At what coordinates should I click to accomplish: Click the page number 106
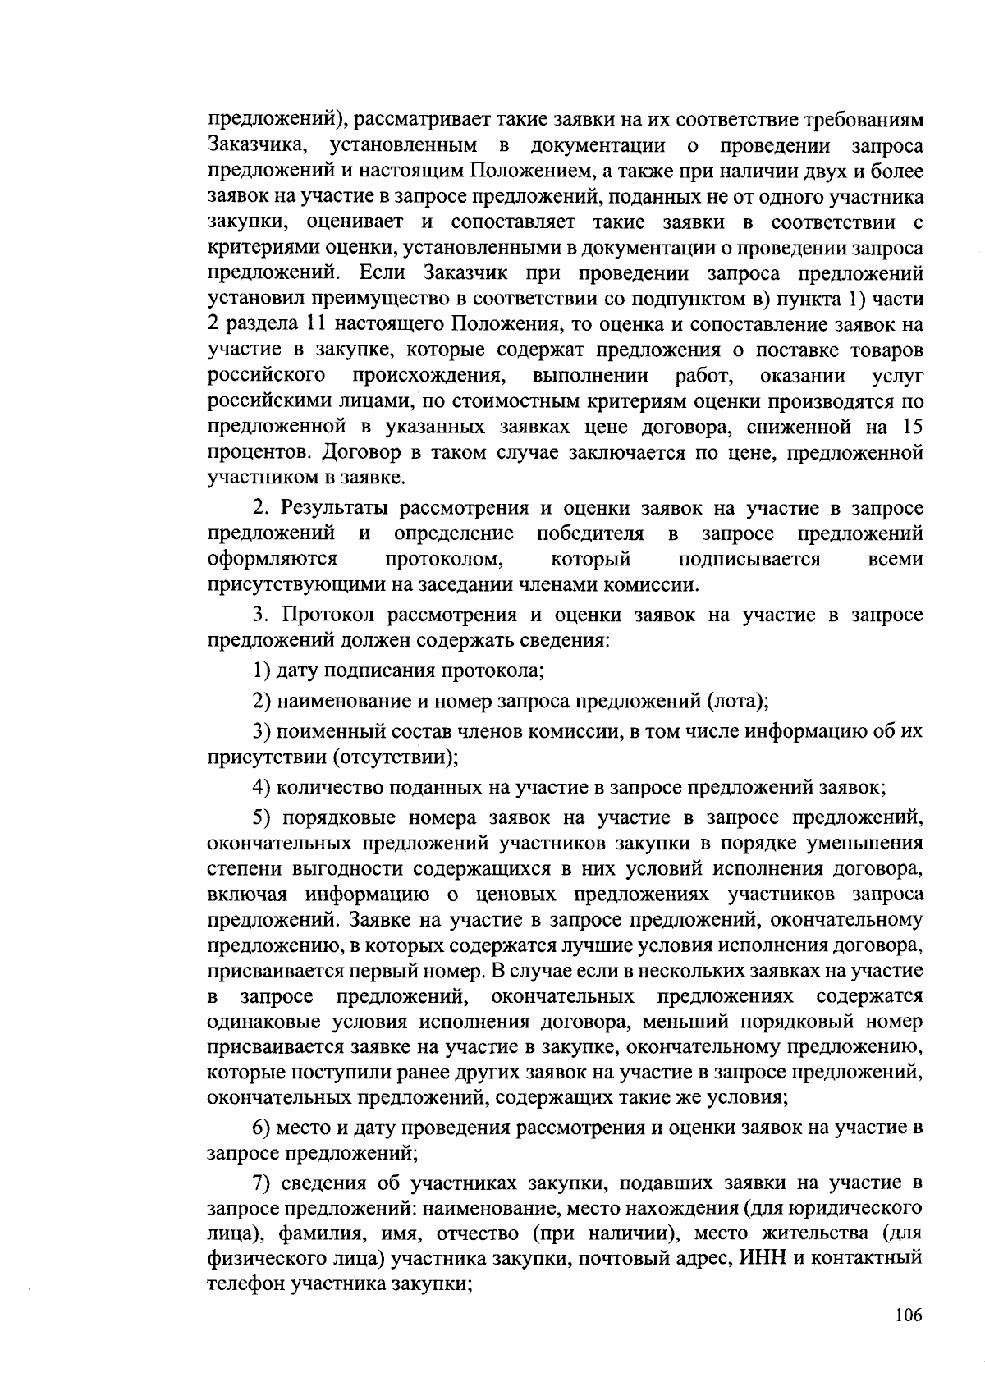[909, 1316]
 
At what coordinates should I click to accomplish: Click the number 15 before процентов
[911, 427]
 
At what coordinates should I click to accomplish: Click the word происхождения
[428, 376]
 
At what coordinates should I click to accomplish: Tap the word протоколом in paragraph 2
[446, 560]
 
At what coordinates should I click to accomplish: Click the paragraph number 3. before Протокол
[260, 615]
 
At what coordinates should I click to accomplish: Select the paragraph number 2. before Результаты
[260, 510]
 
